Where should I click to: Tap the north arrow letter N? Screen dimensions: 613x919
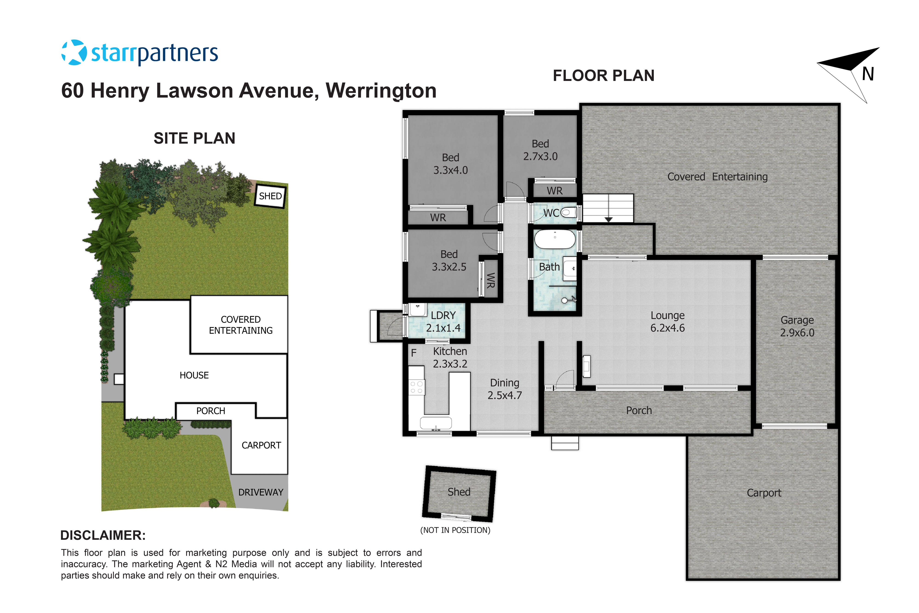[868, 74]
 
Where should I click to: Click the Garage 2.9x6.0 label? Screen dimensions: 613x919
[797, 326]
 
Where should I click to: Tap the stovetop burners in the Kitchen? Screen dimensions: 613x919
[417, 387]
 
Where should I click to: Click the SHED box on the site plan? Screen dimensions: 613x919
[270, 196]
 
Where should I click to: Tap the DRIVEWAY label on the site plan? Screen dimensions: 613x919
[261, 492]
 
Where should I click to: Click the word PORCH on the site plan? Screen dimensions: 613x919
[211, 411]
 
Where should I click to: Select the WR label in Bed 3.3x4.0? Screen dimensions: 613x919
[438, 218]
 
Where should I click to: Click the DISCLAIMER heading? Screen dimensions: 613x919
[103, 535]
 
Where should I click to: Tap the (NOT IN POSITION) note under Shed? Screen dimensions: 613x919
[455, 530]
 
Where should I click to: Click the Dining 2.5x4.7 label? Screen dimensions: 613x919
[505, 389]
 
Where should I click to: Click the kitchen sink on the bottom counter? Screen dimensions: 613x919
[436, 423]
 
